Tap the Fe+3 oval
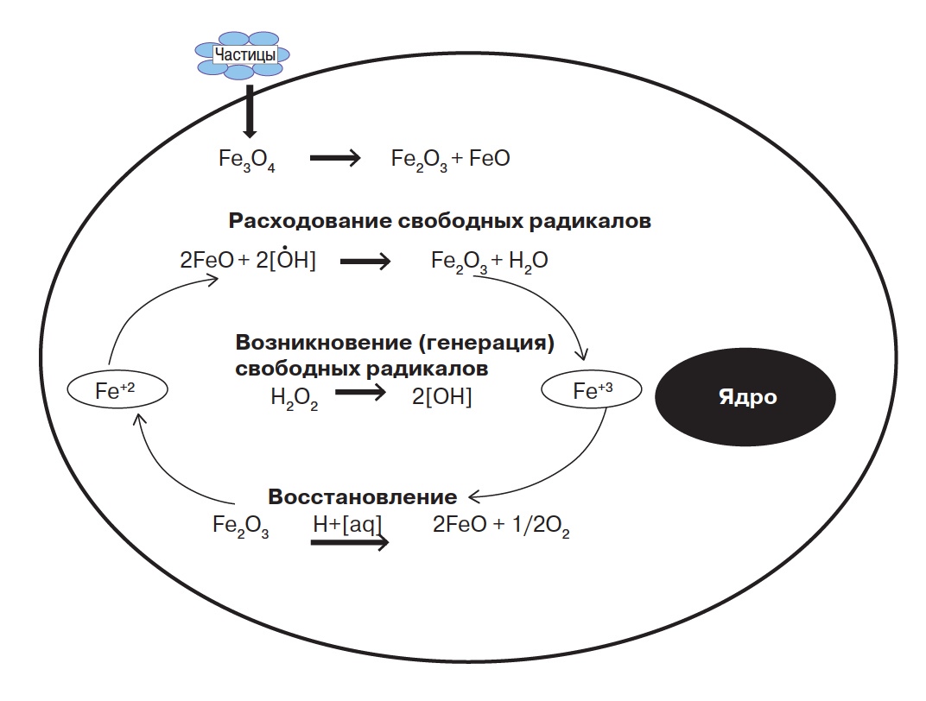click(592, 391)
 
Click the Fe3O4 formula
click(247, 161)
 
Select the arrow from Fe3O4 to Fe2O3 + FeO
click(334, 159)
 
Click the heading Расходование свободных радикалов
click(440, 221)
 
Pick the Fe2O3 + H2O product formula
click(490, 262)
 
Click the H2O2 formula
click(294, 400)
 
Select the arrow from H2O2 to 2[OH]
click(360, 394)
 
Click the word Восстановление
click(363, 497)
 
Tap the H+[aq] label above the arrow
click(348, 524)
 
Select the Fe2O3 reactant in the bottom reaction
click(241, 527)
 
